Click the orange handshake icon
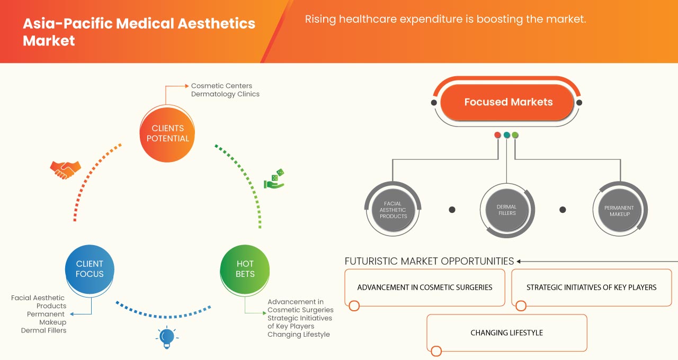65,169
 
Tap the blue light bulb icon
167,337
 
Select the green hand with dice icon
274,179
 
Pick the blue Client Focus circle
90,269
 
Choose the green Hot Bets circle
245,269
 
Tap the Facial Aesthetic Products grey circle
393,210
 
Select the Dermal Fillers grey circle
506,210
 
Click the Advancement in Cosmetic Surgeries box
425,287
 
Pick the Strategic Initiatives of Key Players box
591,287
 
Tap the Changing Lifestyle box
507,333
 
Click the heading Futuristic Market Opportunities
429,261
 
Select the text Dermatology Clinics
225,94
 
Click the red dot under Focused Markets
497,135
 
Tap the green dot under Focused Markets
515,135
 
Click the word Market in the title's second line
49,41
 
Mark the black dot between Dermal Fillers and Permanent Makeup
563,210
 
